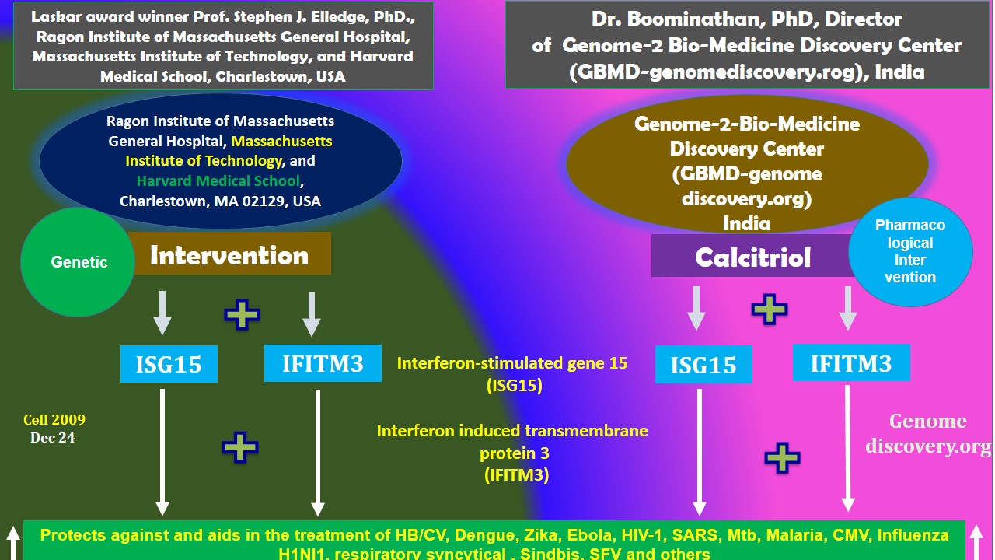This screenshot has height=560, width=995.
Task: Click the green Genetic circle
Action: [78, 261]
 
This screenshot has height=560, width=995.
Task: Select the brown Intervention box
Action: [229, 254]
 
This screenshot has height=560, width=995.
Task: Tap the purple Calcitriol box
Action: [752, 257]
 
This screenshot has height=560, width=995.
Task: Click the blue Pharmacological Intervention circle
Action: [910, 250]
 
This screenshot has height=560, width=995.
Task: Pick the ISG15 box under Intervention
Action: [169, 364]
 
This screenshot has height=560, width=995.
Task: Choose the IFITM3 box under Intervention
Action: [323, 363]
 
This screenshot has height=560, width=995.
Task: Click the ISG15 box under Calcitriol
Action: [703, 365]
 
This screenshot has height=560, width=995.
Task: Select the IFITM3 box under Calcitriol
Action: [850, 362]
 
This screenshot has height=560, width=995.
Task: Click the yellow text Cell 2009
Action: [54, 420]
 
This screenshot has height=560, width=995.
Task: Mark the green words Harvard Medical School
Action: [218, 181]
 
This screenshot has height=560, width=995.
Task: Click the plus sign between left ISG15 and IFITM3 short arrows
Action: [242, 314]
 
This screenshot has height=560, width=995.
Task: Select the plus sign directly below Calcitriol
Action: [770, 309]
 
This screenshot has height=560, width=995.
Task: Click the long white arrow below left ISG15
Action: [162, 451]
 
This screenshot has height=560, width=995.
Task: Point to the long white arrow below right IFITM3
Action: [848, 447]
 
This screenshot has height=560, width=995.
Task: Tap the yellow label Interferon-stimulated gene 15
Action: [512, 363]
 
